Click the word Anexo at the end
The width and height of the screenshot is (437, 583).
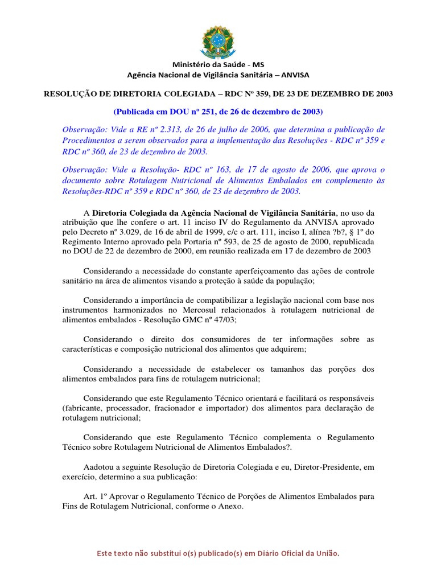tap(230, 506)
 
